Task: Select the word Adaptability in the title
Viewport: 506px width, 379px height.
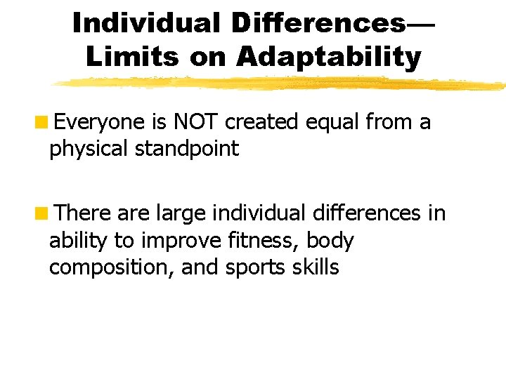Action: click(329, 57)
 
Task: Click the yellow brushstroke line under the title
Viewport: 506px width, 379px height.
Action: click(281, 84)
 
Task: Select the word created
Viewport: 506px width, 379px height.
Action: click(263, 123)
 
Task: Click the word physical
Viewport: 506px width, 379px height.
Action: click(84, 149)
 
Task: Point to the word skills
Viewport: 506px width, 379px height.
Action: click(313, 267)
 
